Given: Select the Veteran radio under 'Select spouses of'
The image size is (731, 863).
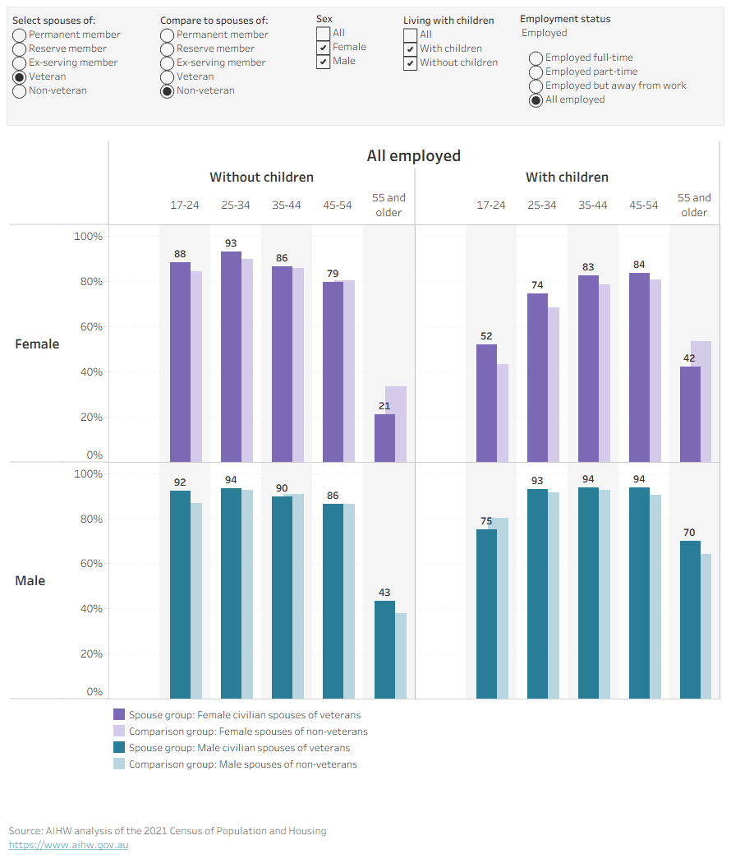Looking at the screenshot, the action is [19, 77].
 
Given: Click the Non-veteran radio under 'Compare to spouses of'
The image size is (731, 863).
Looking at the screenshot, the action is [168, 91].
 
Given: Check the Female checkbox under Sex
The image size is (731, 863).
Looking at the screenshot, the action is [324, 48].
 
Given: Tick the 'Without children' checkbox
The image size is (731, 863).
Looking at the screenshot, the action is [411, 63].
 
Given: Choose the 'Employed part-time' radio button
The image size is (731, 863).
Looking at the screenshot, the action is [536, 72].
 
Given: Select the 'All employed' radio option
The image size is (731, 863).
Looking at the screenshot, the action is [536, 100].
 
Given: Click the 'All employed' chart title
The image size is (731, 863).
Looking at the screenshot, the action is [414, 156].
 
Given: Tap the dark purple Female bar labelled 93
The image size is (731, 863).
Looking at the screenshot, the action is [231, 357].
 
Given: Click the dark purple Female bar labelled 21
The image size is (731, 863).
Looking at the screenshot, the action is [384, 438].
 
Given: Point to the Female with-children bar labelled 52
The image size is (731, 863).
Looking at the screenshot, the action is [486, 403].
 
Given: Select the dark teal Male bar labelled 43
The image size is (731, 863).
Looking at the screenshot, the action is [384, 649].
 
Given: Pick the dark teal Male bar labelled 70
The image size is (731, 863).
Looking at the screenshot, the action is [690, 620].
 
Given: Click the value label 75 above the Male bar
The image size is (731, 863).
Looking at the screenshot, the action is [486, 520].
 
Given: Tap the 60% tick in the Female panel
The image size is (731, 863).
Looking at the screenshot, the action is [91, 327].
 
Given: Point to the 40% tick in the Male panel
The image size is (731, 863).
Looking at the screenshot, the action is [91, 609].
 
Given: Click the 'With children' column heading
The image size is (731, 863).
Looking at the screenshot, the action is [567, 178].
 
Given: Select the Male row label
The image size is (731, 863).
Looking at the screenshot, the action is [30, 580].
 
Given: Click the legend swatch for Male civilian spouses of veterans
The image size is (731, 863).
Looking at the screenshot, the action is [119, 747].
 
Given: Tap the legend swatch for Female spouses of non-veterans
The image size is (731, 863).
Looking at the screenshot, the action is [119, 731].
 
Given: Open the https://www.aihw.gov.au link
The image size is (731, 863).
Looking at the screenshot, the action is [69, 845].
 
